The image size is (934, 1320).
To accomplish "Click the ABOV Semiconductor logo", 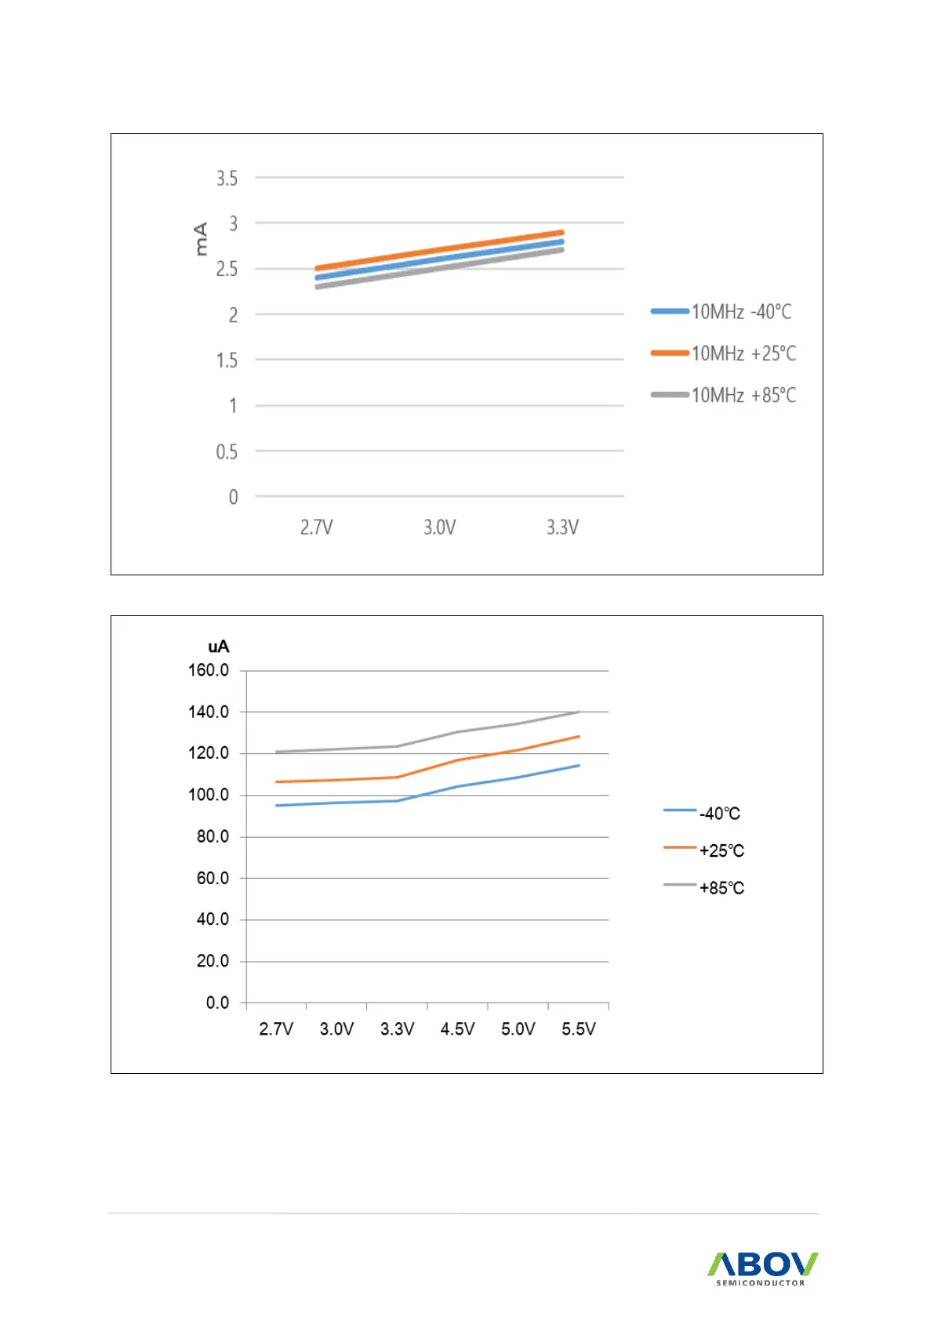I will click(x=762, y=1267).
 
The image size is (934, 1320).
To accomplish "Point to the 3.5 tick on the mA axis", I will click(x=227, y=179).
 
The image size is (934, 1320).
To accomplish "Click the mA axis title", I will click(x=201, y=238).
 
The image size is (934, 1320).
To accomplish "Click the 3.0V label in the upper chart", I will click(x=439, y=528).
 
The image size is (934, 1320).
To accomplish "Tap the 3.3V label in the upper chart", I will click(x=562, y=528).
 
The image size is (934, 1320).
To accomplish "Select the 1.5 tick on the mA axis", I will click(x=227, y=361).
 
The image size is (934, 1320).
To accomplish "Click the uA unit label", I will click(x=218, y=647).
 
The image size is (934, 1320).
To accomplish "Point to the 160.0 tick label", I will click(x=209, y=670).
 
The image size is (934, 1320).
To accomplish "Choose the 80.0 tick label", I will click(x=213, y=836).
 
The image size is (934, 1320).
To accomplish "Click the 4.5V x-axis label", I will click(x=457, y=1029).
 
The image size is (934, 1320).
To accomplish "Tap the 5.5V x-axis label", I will click(x=579, y=1029).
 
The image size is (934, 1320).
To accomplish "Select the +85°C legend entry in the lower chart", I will click(x=721, y=888).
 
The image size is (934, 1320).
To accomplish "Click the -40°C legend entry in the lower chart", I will click(x=720, y=814).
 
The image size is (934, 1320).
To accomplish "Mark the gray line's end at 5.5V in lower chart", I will click(x=579, y=712).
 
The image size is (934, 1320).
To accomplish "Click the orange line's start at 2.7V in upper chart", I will click(x=316, y=269).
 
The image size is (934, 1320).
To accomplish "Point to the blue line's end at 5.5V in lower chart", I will click(x=579, y=765).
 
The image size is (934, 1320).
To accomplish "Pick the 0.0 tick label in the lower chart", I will click(x=217, y=1003).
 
